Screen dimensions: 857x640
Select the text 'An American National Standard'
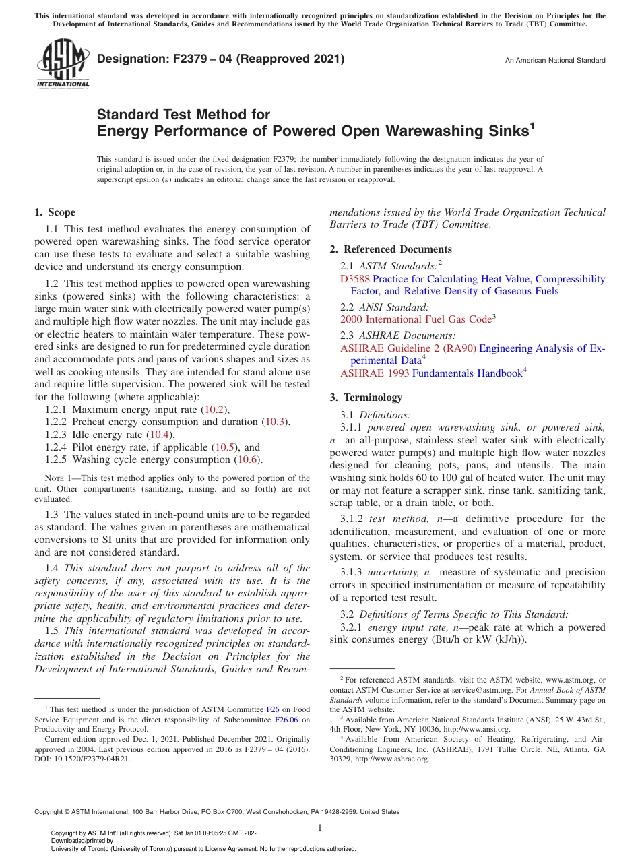click(555, 61)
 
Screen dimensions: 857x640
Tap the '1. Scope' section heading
click(55, 212)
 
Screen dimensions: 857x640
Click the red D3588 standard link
click(355, 279)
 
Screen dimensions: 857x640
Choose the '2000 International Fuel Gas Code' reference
click(415, 319)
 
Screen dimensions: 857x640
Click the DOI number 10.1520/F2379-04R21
click(94, 758)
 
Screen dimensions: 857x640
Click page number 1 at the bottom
click(320, 828)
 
